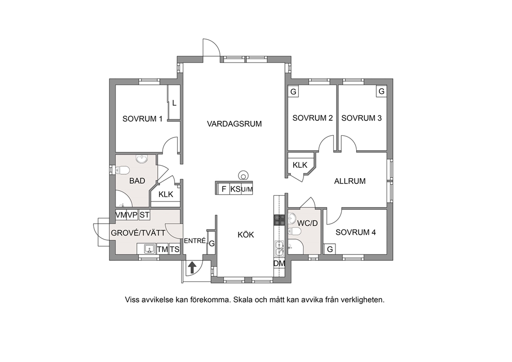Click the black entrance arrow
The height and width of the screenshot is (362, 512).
pos(192,267)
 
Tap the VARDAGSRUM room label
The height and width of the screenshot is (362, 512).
pos(234,124)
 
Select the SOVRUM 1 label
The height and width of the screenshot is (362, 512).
pos(142,119)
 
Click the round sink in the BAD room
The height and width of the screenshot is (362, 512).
pos(142,159)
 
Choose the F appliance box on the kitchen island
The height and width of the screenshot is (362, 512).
pos(223,189)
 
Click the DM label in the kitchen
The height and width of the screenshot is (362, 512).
pos(279,264)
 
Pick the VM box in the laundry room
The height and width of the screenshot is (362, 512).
pos(121,215)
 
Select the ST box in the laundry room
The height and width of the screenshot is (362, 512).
pos(145,215)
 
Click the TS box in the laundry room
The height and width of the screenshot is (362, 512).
pos(174,249)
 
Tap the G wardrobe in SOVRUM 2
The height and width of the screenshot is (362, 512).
pos(293,91)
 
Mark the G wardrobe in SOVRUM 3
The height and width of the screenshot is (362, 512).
pos(381,91)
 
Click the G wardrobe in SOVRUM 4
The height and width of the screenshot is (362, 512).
pos(330,249)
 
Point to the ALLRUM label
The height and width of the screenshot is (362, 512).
pos(350,181)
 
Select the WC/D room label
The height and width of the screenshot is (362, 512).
pos(307,224)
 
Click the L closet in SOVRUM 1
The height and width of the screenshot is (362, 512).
pos(174,103)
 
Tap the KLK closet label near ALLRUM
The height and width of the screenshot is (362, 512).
pos(300,165)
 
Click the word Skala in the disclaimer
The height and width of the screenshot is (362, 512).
pos(242,300)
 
